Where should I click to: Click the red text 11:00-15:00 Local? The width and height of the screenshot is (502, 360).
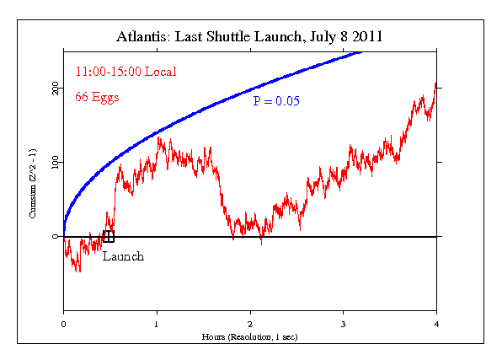126,72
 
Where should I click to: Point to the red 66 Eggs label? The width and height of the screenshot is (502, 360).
98,97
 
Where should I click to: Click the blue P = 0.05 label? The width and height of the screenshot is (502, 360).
277,101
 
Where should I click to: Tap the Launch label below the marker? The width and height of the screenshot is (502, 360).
123,256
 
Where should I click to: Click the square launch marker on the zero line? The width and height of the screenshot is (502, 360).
108,236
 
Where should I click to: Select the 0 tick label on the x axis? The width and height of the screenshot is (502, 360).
63,325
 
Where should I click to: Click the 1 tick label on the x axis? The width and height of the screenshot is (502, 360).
157,325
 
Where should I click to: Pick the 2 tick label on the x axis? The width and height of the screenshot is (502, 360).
250,325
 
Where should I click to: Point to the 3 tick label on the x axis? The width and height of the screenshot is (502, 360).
343,325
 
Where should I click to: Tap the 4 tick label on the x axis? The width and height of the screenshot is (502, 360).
436,325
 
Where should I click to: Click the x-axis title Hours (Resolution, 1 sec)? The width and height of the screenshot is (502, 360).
250,336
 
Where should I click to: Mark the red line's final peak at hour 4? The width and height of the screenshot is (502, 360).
435,83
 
